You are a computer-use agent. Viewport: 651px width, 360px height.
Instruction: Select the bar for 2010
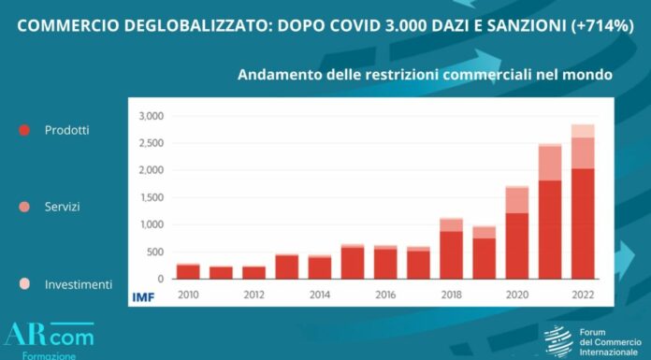pos(188,271)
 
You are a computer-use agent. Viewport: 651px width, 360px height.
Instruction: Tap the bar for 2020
pos(516,233)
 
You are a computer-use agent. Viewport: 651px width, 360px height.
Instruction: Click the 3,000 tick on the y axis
pos(150,117)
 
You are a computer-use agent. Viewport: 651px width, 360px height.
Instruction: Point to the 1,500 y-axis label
pos(150,197)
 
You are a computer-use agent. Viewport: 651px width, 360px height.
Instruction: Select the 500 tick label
pos(154,252)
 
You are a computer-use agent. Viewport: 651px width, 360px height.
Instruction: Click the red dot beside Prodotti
pos(25,131)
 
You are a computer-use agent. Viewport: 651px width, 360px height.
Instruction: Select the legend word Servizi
pos(63,206)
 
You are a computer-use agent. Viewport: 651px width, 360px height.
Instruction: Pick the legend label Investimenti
pos(78,283)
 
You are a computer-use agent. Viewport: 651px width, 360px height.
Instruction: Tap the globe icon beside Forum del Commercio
pos(558,340)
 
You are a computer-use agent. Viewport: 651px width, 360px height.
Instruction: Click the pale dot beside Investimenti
pos(25,283)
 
